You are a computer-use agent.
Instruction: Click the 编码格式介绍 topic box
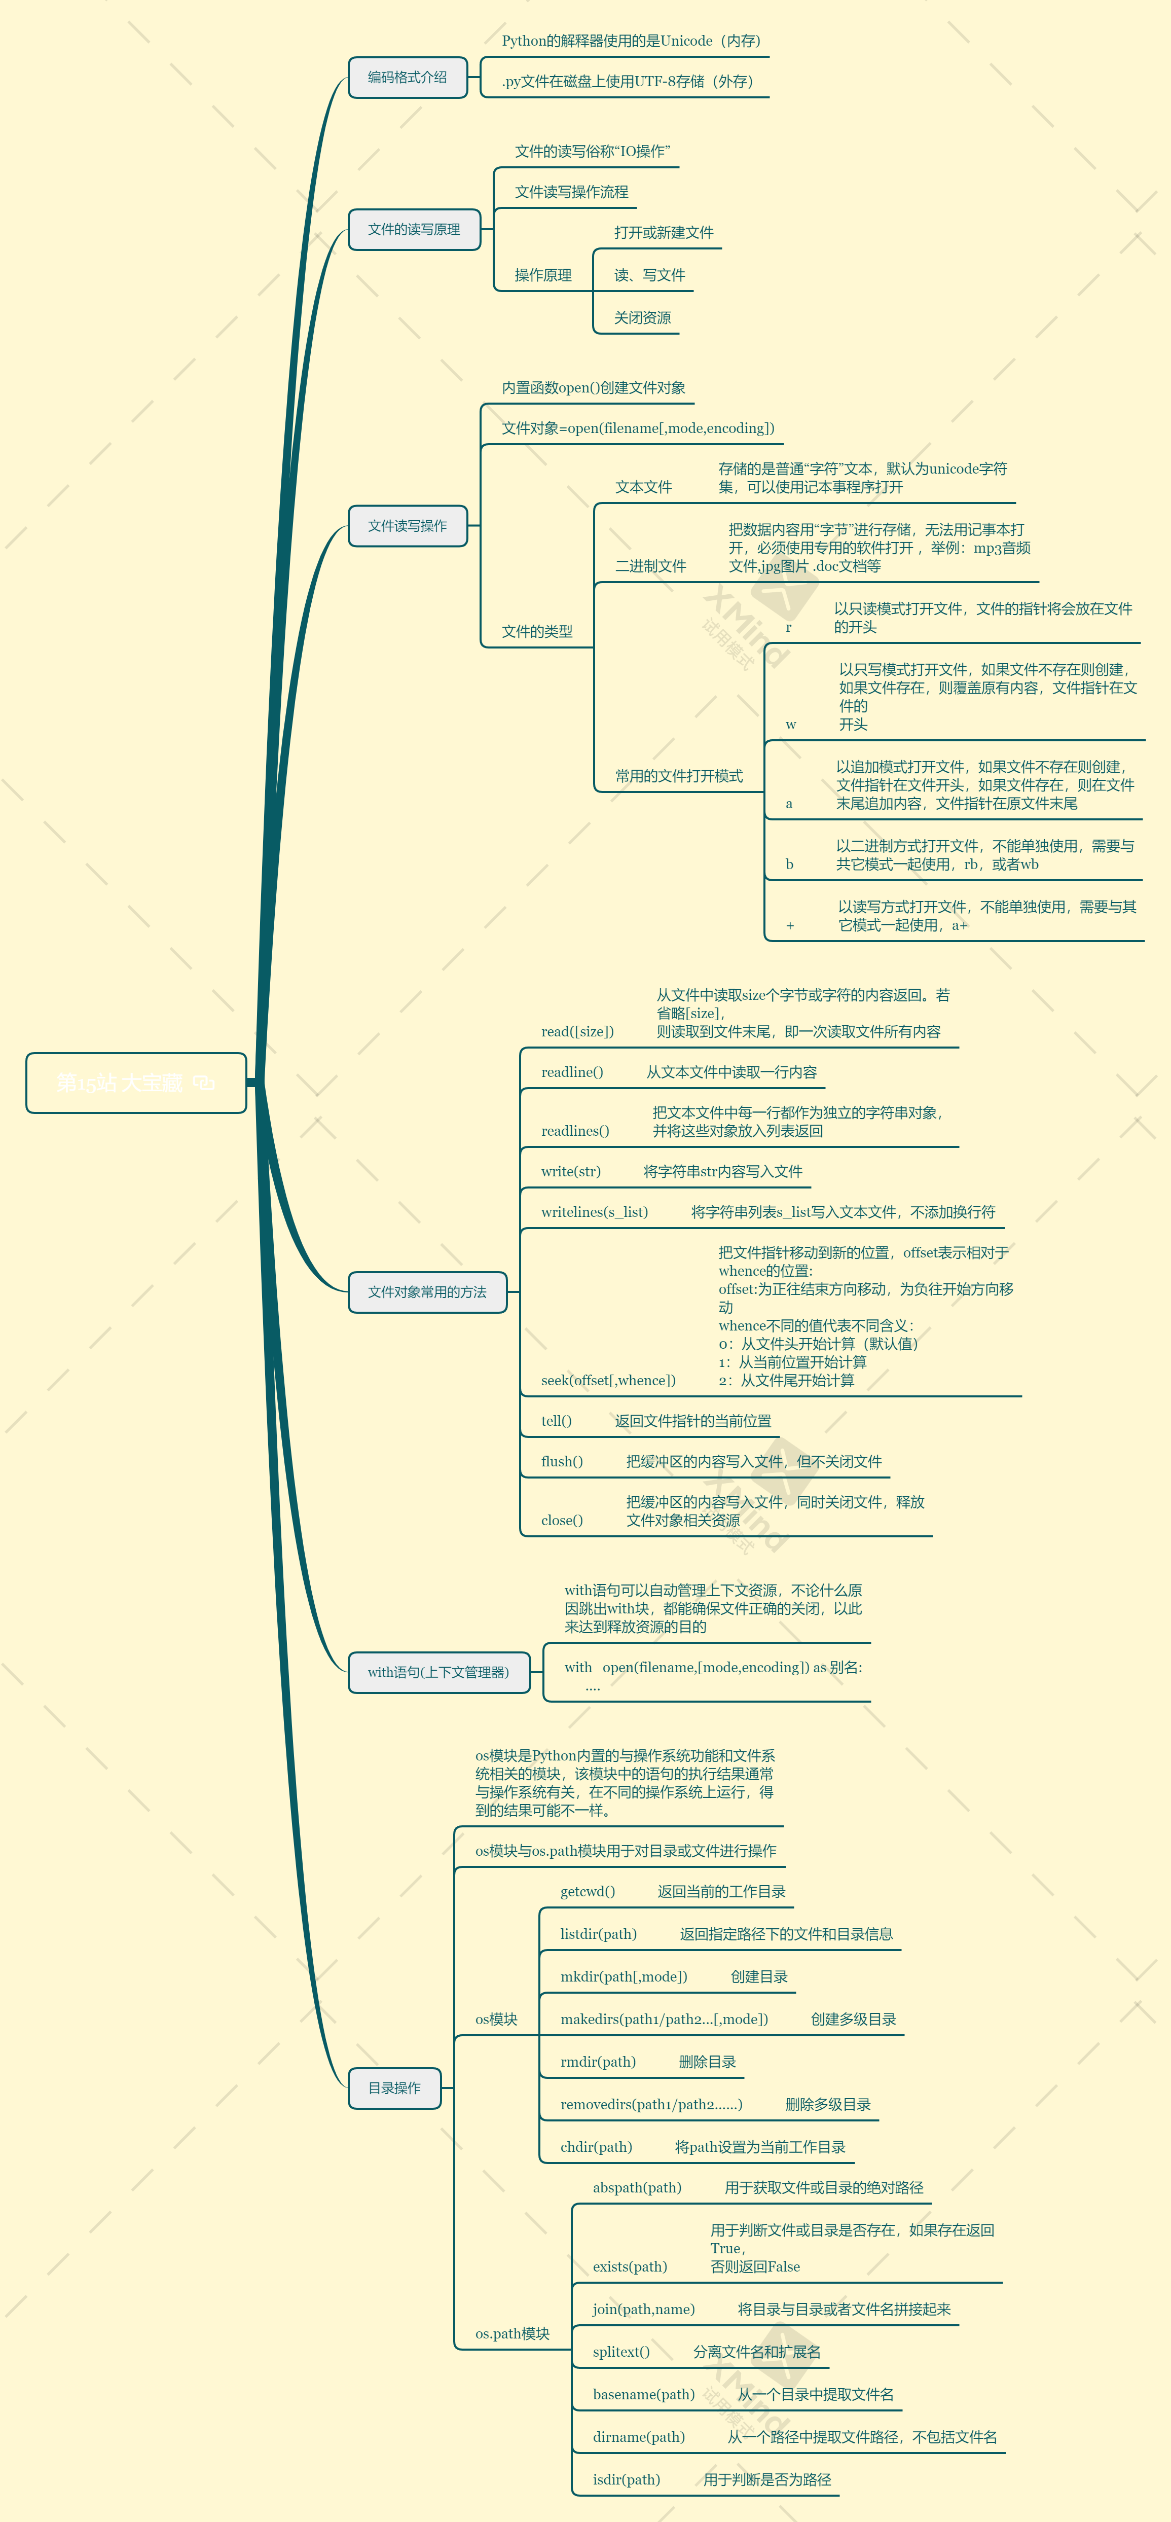pyautogui.click(x=407, y=78)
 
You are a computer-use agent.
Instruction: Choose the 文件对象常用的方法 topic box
pyautogui.click(x=427, y=1292)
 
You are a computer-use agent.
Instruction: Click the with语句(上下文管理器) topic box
pyautogui.click(x=438, y=1672)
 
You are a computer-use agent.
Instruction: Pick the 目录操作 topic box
pyautogui.click(x=394, y=2088)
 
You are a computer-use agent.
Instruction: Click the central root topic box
pyautogui.click(x=136, y=1083)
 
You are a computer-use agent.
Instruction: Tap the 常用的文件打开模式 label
pyautogui.click(x=678, y=776)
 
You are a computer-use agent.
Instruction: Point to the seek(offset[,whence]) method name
pyautogui.click(x=608, y=1381)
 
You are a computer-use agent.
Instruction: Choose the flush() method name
pyautogui.click(x=562, y=1462)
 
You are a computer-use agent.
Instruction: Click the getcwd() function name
pyautogui.click(x=588, y=1891)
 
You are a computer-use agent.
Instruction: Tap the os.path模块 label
pyautogui.click(x=512, y=2334)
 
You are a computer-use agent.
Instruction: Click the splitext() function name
pyautogui.click(x=621, y=2352)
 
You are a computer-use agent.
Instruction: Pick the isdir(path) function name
pyautogui.click(x=627, y=2480)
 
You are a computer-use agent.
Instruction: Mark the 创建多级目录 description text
pyautogui.click(x=853, y=2019)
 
